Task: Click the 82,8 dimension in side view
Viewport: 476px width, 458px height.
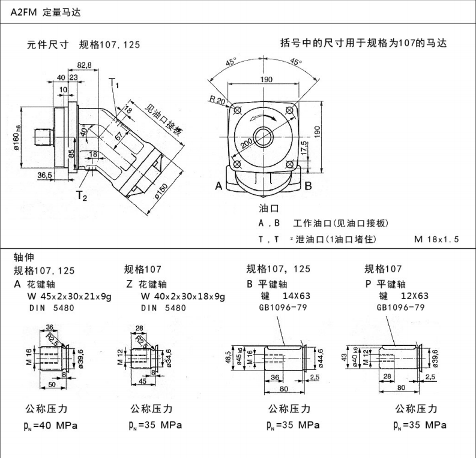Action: pyautogui.click(x=83, y=65)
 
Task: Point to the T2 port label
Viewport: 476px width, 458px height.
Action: pyautogui.click(x=82, y=195)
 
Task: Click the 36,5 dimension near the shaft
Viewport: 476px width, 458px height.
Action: pyautogui.click(x=44, y=175)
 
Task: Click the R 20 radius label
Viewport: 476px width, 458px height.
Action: pyautogui.click(x=217, y=101)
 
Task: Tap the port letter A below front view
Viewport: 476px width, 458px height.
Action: pyautogui.click(x=219, y=186)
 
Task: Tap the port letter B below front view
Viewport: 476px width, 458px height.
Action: pyautogui.click(x=308, y=186)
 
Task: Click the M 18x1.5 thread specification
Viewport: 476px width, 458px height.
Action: pyautogui.click(x=436, y=239)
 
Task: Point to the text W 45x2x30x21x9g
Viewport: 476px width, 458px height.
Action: pyautogui.click(x=69, y=296)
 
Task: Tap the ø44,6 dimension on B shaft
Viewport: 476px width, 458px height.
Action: pyautogui.click(x=321, y=356)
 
